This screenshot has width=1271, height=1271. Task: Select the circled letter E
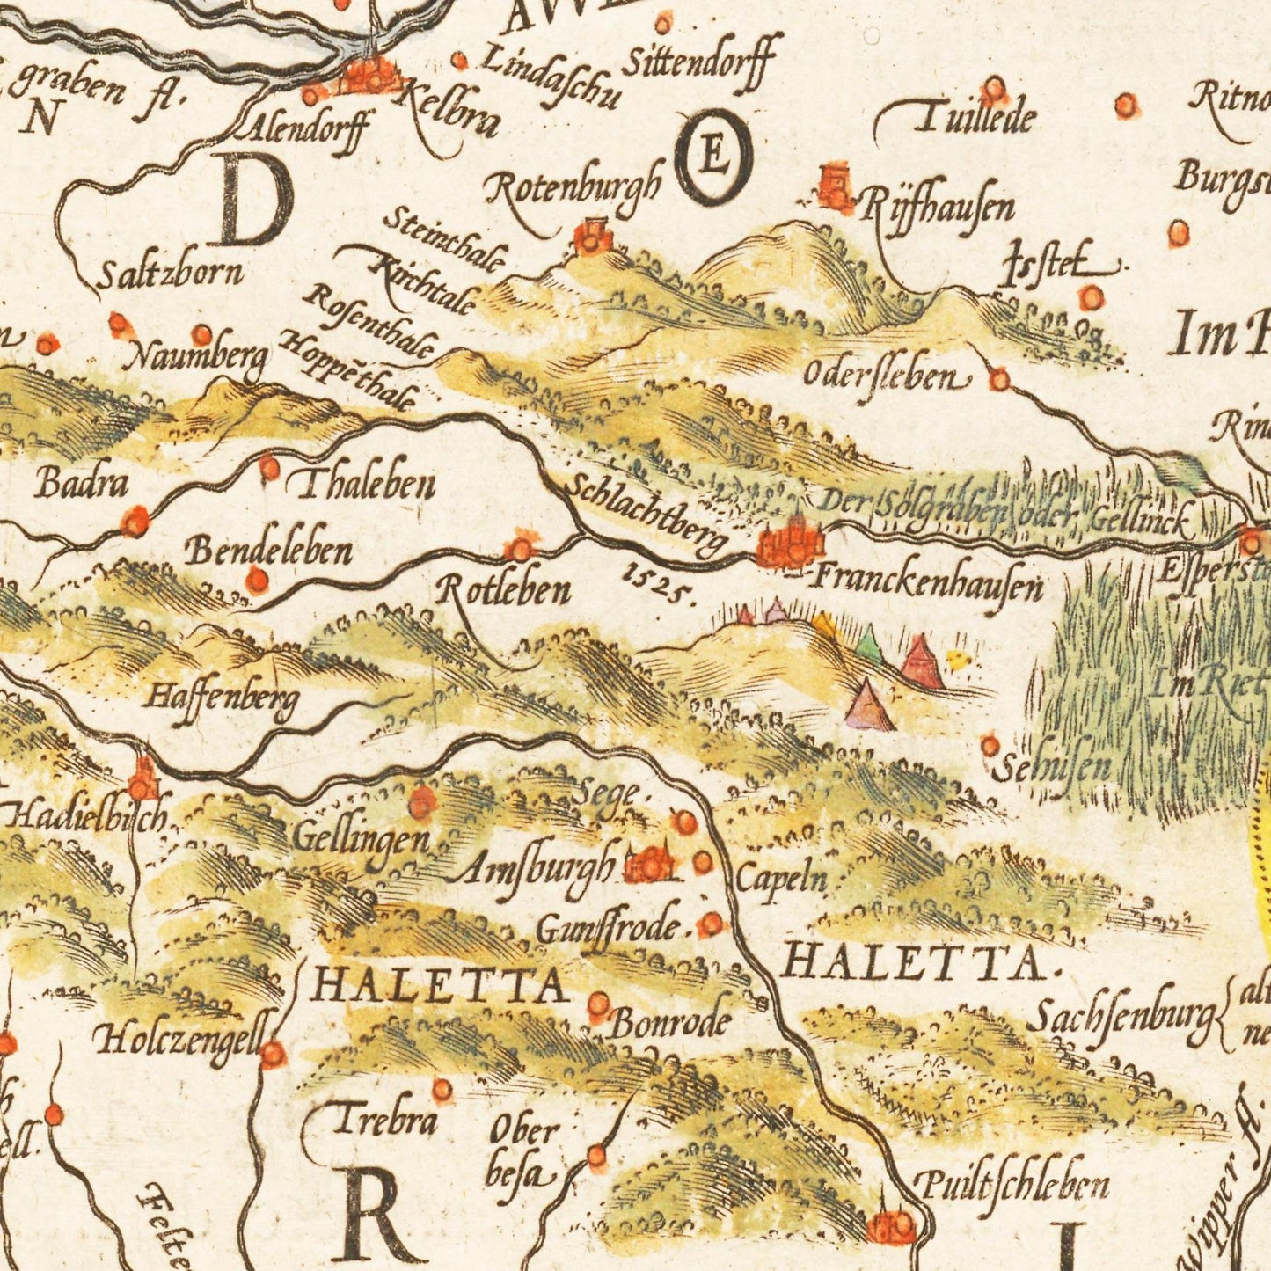(x=713, y=157)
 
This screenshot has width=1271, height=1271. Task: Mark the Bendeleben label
(x=269, y=551)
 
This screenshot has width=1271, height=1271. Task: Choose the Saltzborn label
(x=169, y=275)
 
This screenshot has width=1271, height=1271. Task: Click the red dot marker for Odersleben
(x=999, y=380)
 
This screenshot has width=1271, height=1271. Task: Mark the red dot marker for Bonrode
(x=598, y=1004)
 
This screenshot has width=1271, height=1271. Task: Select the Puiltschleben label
(x=1012, y=1187)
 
